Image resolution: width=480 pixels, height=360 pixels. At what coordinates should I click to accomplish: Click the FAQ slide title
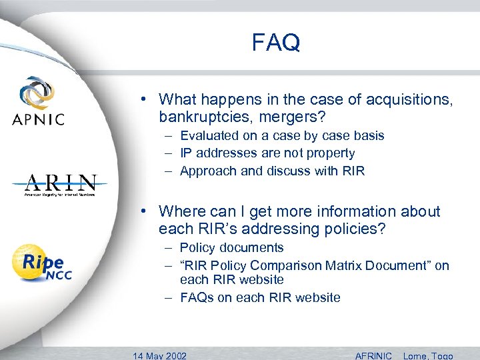276,43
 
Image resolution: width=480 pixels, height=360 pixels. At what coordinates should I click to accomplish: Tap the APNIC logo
37,101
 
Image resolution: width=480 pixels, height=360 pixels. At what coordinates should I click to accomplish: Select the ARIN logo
61,185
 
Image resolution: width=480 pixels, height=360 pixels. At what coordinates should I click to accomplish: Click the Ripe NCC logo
41,262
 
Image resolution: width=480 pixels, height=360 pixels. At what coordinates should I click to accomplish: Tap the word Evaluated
211,136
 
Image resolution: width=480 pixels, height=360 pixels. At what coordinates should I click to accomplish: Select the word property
329,153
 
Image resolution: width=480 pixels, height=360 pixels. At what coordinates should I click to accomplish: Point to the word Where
182,212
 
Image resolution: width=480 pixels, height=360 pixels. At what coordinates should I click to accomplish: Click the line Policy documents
232,248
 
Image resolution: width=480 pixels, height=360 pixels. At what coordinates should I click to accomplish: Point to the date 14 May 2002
160,355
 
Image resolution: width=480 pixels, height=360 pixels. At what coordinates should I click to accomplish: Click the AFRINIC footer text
373,355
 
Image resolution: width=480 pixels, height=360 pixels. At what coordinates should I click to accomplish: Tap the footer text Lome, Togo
428,355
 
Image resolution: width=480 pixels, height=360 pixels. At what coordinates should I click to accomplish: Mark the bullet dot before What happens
144,100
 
